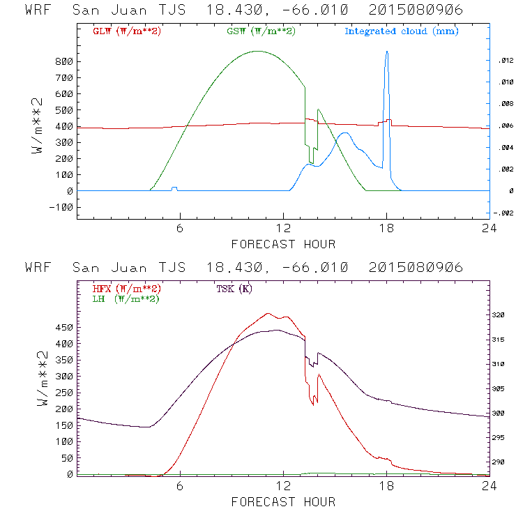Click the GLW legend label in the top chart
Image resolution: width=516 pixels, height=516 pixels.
tap(126, 31)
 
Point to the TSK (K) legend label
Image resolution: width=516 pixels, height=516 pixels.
tap(234, 289)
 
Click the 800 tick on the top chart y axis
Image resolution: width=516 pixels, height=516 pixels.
tap(65, 61)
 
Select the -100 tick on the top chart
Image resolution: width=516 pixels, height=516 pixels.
tap(62, 207)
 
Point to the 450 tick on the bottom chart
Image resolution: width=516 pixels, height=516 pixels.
tap(65, 327)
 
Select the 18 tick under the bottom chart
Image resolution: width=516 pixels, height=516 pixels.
tap(386, 487)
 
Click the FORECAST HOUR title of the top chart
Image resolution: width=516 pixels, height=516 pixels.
tap(283, 244)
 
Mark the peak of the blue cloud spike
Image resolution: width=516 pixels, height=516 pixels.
tap(387, 52)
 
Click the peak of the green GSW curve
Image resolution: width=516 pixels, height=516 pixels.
tap(258, 51)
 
